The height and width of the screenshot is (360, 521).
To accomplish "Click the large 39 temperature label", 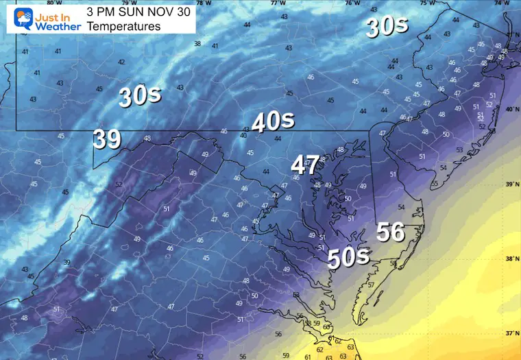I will pyautogui.click(x=108, y=140).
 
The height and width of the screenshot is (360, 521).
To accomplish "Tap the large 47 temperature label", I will pyautogui.click(x=305, y=165).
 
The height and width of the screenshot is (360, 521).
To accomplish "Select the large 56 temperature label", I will pyautogui.click(x=391, y=232).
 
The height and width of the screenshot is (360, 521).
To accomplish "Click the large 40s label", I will pyautogui.click(x=273, y=122).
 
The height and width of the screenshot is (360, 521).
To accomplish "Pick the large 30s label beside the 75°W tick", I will pyautogui.click(x=387, y=27).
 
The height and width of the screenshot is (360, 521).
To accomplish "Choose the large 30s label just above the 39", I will pyautogui.click(x=140, y=96).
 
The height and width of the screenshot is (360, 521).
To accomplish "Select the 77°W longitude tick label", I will pyautogui.click(x=278, y=3).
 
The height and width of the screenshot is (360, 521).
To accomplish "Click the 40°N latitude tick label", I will pyautogui.click(x=511, y=110).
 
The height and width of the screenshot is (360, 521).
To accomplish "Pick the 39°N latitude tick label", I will pyautogui.click(x=511, y=184).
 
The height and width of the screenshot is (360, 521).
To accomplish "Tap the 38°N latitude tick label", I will pyautogui.click(x=511, y=259).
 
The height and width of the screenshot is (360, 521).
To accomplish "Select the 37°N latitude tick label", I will pyautogui.click(x=511, y=333).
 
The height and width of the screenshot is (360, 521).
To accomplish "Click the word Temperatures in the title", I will pyautogui.click(x=123, y=27).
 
